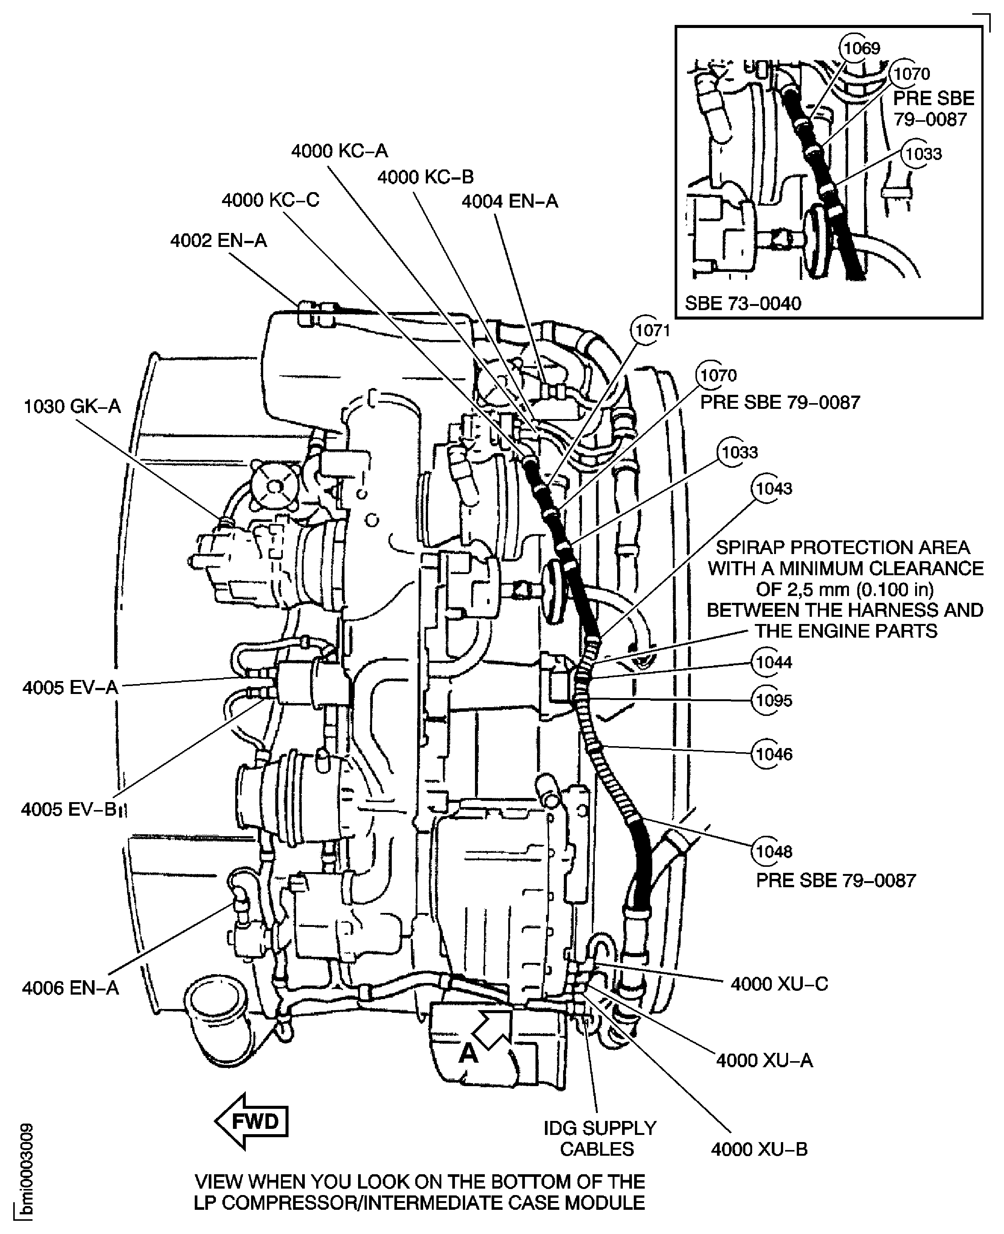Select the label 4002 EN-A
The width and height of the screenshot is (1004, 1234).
218,241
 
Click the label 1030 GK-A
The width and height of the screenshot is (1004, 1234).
72,407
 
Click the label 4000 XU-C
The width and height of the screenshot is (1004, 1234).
779,984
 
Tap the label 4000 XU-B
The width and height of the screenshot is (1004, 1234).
759,1149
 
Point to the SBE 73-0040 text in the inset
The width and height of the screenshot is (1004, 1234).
743,304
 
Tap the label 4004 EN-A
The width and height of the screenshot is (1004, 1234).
509,201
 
